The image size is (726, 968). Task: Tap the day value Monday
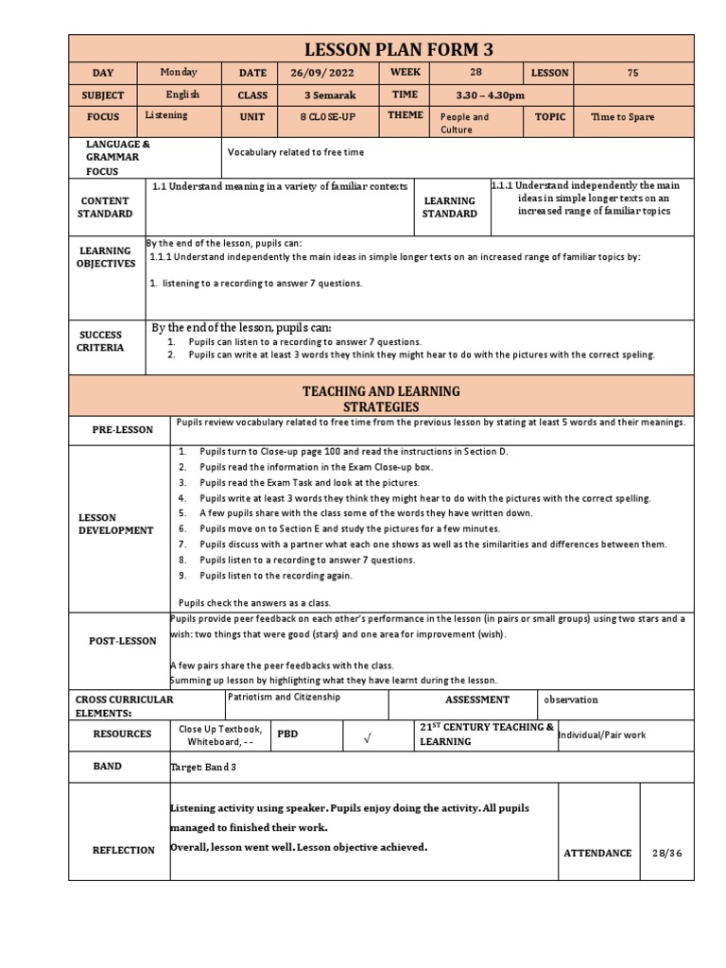click(178, 72)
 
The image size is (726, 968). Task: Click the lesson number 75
click(634, 73)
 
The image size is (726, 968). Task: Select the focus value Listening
click(167, 115)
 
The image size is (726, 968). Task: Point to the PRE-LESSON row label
click(122, 429)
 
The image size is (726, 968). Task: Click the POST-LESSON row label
click(122, 641)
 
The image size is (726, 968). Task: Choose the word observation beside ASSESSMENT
click(571, 700)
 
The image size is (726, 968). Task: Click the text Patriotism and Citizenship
click(271, 697)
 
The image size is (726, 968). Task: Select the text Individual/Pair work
click(602, 735)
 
